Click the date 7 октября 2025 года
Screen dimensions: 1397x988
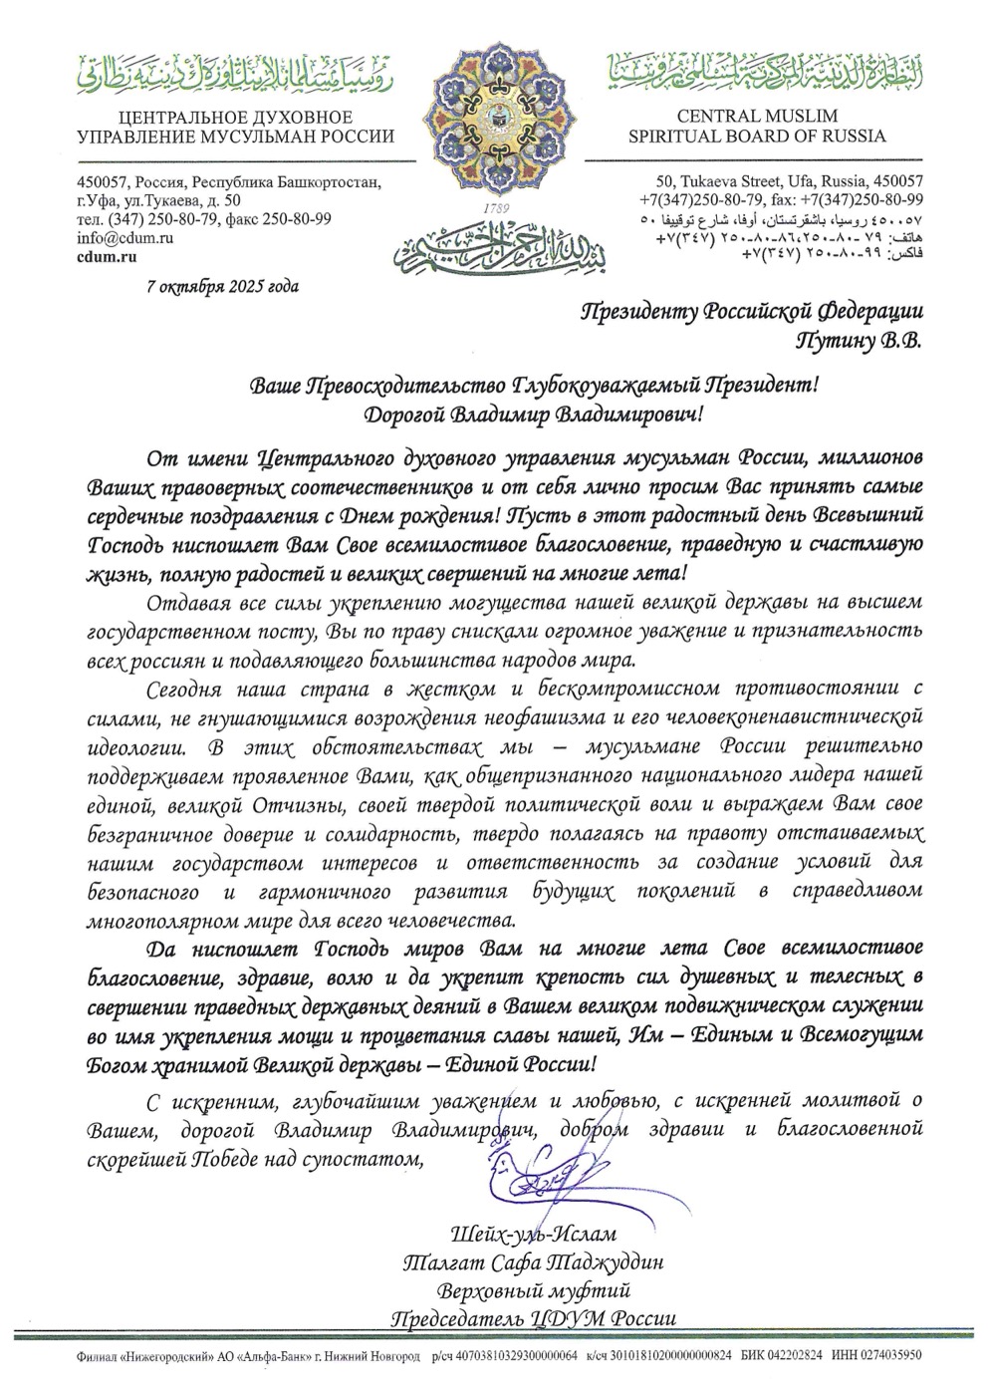pos(221,287)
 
